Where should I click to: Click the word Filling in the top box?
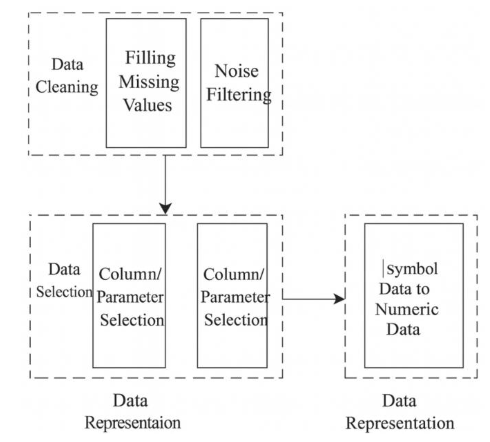tap(150, 58)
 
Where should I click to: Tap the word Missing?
tap(149, 82)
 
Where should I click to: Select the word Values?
tap(147, 105)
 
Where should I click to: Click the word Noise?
tap(237, 71)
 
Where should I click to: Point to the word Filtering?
tap(239, 95)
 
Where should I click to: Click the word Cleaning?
tap(67, 87)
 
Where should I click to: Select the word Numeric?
tap(407, 309)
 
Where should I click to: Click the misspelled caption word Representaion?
tap(133, 423)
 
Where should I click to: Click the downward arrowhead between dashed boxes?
tap(165, 208)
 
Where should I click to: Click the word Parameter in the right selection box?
tap(235, 297)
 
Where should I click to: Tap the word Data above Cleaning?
tap(67, 65)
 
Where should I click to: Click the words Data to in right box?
tap(404, 289)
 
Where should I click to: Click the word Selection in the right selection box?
tap(236, 320)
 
